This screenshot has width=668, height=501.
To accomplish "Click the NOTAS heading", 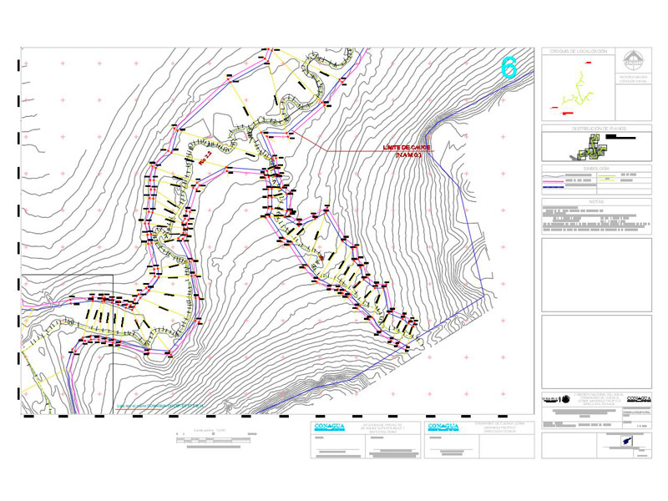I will pyautogui.click(x=596, y=201).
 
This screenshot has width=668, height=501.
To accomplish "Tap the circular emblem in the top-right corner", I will pyautogui.click(x=635, y=62).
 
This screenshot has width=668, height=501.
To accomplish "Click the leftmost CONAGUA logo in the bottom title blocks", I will pyautogui.click(x=329, y=427).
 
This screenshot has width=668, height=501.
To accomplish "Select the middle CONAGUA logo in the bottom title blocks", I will pyautogui.click(x=443, y=427).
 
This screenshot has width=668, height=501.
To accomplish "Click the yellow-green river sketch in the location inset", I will pyautogui.click(x=577, y=90).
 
